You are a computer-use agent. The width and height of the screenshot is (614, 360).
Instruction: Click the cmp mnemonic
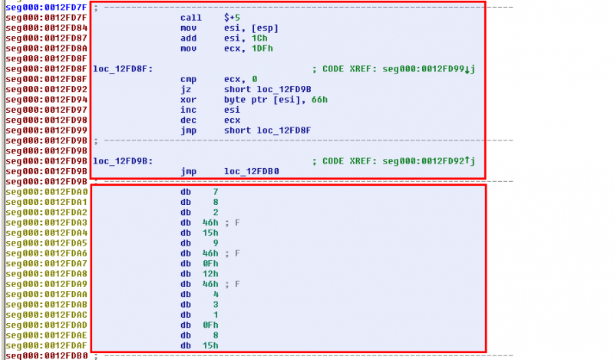(188, 78)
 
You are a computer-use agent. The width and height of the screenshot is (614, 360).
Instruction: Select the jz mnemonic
(186, 89)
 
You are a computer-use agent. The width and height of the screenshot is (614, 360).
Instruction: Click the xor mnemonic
(188, 100)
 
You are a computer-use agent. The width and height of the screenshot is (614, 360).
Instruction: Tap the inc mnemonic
(188, 110)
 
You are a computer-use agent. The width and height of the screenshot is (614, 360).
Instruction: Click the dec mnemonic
(188, 121)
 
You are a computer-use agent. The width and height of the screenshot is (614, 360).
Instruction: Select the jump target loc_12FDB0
(252, 171)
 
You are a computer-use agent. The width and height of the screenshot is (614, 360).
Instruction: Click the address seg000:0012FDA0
(46, 192)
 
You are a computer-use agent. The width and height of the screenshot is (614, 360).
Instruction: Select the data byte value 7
(216, 192)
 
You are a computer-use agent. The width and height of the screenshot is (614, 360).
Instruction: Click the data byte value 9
(216, 243)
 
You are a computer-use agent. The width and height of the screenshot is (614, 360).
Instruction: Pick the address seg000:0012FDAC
(46, 315)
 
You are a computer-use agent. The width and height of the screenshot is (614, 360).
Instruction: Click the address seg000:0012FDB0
(46, 356)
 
